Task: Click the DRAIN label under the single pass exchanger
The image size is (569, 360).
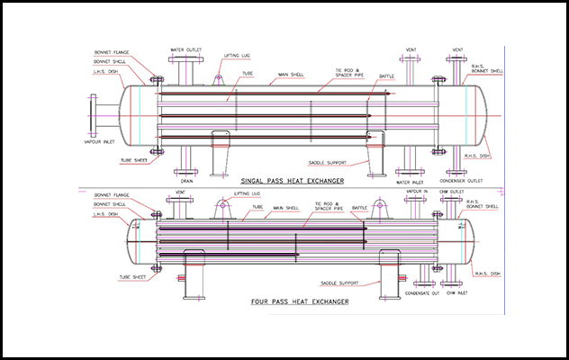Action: coord(187,180)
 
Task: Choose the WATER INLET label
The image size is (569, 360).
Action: coord(410,180)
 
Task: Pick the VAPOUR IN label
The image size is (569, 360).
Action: coord(415,191)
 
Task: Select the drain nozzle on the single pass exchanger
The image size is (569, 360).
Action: coord(187,162)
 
